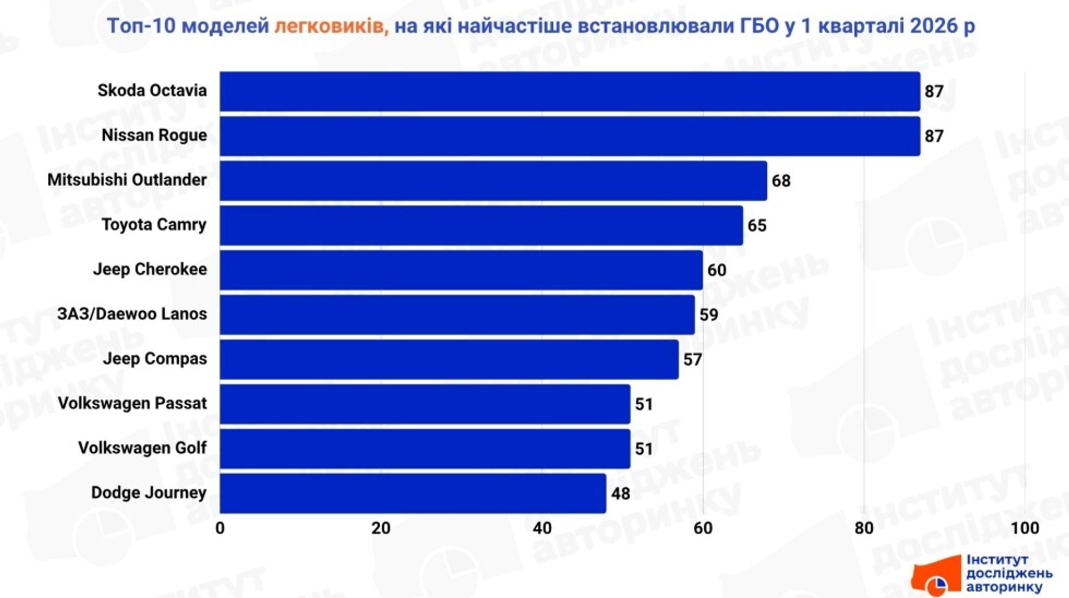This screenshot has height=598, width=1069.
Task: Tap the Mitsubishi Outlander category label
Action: pyautogui.click(x=127, y=180)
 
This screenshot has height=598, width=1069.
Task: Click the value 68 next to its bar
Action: pyautogui.click(x=781, y=181)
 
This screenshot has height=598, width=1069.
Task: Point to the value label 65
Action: pyautogui.click(x=757, y=226)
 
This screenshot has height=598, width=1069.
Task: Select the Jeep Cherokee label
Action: pyautogui.click(x=150, y=269)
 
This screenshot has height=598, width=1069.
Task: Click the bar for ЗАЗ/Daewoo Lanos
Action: pyautogui.click(x=457, y=315)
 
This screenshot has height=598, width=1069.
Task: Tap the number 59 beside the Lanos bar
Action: pyautogui.click(x=708, y=315)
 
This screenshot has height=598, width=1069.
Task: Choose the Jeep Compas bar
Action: pyautogui.click(x=449, y=360)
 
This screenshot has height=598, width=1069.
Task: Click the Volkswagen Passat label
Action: pyautogui.click(x=132, y=403)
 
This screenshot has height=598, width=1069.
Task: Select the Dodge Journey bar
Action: pyautogui.click(x=413, y=493)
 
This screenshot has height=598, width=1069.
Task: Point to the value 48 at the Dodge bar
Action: pyautogui.click(x=620, y=494)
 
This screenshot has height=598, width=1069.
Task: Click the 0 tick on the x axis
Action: pyautogui.click(x=220, y=528)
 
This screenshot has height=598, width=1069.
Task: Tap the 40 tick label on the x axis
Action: pyautogui.click(x=542, y=528)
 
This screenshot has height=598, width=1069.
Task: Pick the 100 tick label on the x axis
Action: pyautogui.click(x=1024, y=528)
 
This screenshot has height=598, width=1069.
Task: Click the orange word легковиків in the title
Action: pyautogui.click(x=331, y=26)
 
